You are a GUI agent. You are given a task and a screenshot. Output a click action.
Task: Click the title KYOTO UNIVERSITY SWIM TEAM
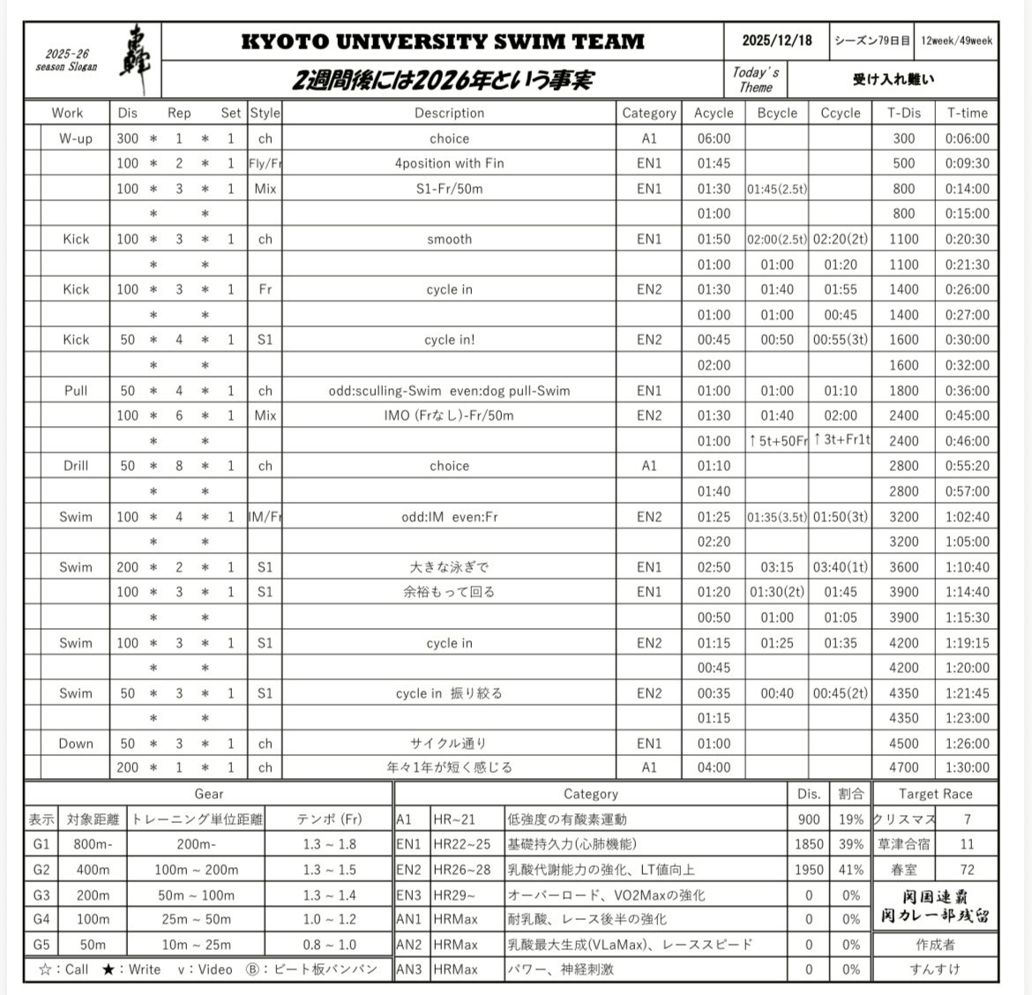443,41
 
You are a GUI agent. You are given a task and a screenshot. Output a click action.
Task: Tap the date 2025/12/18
776,41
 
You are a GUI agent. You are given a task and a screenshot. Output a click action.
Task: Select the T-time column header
967,113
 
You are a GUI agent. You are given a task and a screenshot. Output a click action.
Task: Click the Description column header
449,113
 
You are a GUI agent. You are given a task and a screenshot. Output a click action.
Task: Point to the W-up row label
76,138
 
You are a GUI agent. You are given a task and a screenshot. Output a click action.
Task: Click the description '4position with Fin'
449,163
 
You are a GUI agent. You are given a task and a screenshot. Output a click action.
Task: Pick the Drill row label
76,466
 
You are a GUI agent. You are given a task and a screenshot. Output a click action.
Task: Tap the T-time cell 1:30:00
967,767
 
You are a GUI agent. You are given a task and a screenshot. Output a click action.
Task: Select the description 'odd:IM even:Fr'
449,517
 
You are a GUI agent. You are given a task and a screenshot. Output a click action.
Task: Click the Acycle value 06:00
714,138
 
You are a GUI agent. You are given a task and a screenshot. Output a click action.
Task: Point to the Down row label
76,744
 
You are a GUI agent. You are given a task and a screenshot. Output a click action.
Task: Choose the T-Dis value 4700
903,767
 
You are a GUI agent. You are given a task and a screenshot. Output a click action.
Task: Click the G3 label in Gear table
41,894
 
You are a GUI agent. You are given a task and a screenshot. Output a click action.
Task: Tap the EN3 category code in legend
408,894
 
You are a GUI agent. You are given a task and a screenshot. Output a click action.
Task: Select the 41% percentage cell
851,870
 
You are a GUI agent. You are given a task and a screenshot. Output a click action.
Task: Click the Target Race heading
935,794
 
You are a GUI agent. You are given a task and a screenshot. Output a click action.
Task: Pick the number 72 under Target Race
967,870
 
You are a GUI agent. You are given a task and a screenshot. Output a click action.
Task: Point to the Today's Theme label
756,79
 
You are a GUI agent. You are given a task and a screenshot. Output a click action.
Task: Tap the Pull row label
76,391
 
